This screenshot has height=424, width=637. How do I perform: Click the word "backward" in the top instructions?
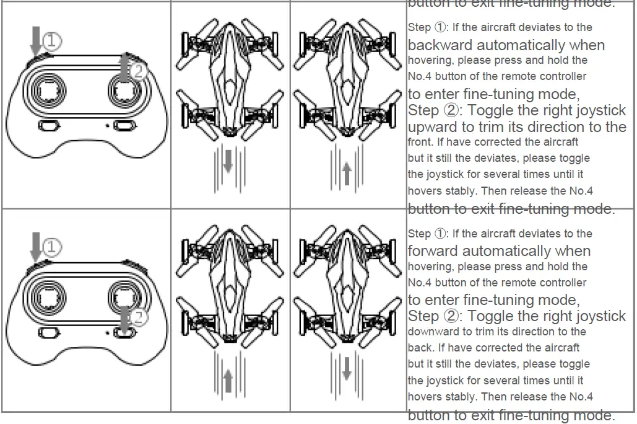click(440, 45)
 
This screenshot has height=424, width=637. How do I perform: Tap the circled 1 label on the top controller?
click(53, 42)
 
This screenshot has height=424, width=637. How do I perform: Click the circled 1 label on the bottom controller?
click(53, 247)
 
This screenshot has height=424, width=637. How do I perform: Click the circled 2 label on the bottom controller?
click(139, 318)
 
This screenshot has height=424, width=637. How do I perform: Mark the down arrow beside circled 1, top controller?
click(35, 40)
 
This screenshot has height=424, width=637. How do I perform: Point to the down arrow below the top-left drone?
click(228, 161)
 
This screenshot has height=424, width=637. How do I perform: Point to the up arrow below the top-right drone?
click(347, 173)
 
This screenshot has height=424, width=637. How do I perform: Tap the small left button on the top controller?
click(48, 126)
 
